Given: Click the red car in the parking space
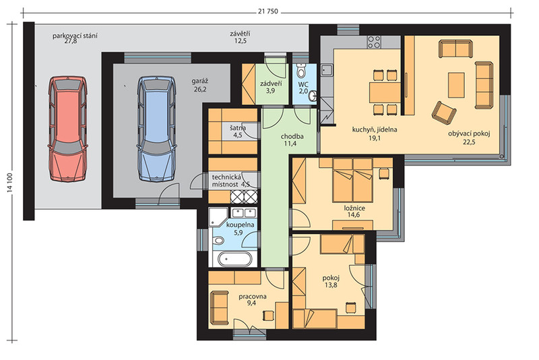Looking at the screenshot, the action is (67, 129).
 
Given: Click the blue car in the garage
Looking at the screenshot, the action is (156, 129).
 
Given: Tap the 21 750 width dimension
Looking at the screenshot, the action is (267, 11).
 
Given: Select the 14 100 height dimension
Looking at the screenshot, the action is (10, 183).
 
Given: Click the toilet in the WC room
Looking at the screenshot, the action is (301, 70).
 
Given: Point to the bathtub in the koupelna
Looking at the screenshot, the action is (234, 259).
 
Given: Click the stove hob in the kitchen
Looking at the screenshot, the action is (374, 42).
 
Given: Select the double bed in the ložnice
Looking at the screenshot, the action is (352, 180).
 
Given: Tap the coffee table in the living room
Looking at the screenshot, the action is (456, 85).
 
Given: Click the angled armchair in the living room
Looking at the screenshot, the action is (444, 112).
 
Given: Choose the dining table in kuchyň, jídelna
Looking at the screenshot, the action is (385, 92).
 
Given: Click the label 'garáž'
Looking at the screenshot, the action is (199, 82).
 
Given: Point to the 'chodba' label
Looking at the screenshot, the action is (292, 136).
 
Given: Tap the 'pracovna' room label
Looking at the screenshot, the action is (252, 297).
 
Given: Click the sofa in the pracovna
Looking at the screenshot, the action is (219, 307).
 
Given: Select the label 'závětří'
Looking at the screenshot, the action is (240, 34).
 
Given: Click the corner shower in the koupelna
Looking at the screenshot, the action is (218, 216).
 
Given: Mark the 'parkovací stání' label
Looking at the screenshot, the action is (75, 36).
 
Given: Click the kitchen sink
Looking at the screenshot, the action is (327, 70).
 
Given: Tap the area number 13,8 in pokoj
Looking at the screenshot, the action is (331, 284).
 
